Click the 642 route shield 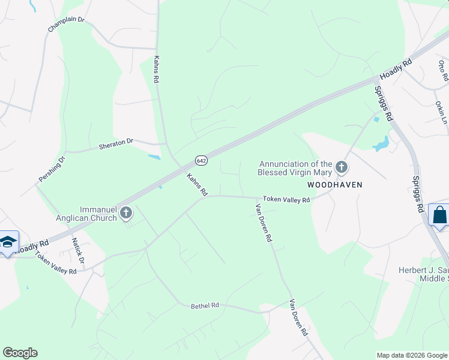(x=201, y=160)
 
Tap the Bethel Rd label (x=205, y=305)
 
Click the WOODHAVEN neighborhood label (x=335, y=185)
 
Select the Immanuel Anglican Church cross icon (x=126, y=212)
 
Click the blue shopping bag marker (x=439, y=215)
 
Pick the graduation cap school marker (x=8, y=242)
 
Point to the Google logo (x=20, y=353)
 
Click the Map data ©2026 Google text (x=411, y=355)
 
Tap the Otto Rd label (x=443, y=71)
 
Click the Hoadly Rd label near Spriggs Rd (x=396, y=70)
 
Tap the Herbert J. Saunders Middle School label (x=423, y=274)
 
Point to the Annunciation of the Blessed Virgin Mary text (x=295, y=167)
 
